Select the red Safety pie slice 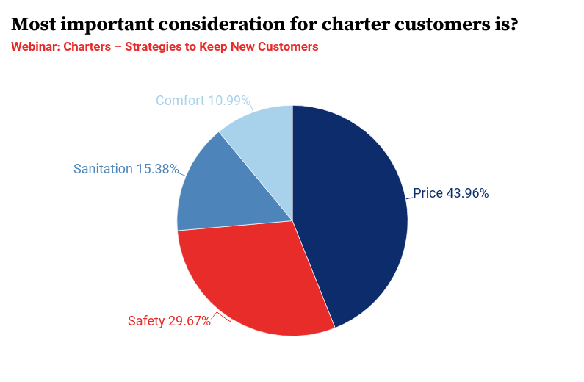(250, 279)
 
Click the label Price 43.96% (450, 194)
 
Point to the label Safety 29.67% (169, 321)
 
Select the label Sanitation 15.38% (126, 169)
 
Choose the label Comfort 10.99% (203, 101)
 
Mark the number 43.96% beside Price (468, 194)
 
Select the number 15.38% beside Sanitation (157, 169)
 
